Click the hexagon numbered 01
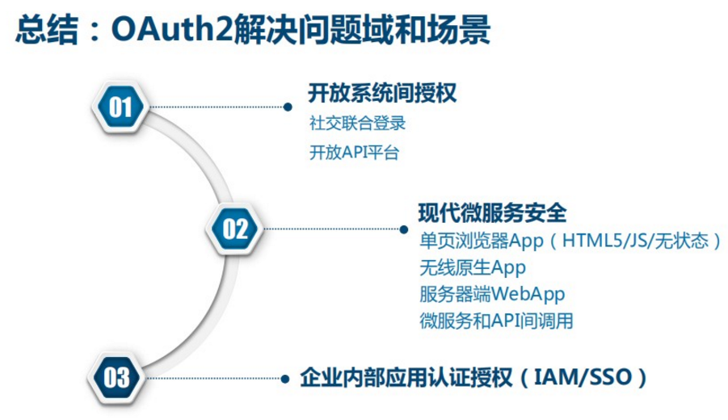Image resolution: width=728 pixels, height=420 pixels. pos(120,107)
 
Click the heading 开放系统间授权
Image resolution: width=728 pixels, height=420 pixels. pos(381,93)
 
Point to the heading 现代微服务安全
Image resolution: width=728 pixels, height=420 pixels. pos(492,213)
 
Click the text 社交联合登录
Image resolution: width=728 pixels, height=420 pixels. pos(356,124)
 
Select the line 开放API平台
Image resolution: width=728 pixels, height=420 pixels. pos(354,152)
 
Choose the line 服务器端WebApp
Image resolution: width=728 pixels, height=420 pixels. pos(492,293)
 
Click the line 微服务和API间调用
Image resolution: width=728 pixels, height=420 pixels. pos(496,320)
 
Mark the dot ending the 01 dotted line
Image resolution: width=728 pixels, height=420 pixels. pos(287,107)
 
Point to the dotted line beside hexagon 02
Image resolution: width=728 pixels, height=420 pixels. pos(331,229)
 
